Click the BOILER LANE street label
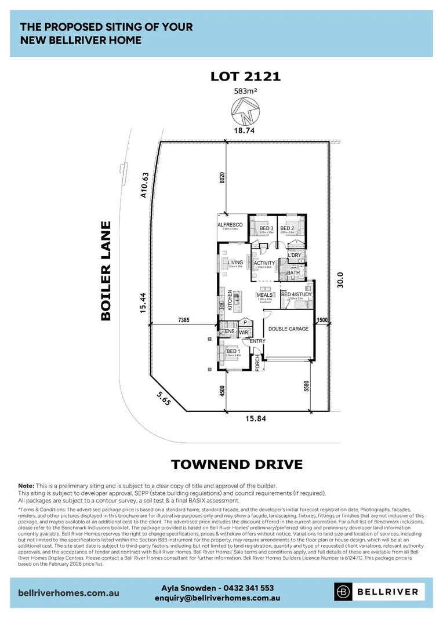tap(106, 270)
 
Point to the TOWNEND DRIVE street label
tap(237, 464)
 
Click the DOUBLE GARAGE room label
tap(288, 329)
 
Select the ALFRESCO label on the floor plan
tap(230, 225)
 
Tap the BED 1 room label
tap(233, 352)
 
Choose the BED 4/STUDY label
tap(296, 295)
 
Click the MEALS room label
tap(264, 295)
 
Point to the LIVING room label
tap(235, 263)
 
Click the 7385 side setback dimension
tap(184, 320)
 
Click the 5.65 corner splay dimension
tap(163, 399)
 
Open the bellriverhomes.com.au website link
tap(69, 592)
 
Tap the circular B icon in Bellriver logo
tap(344, 592)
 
